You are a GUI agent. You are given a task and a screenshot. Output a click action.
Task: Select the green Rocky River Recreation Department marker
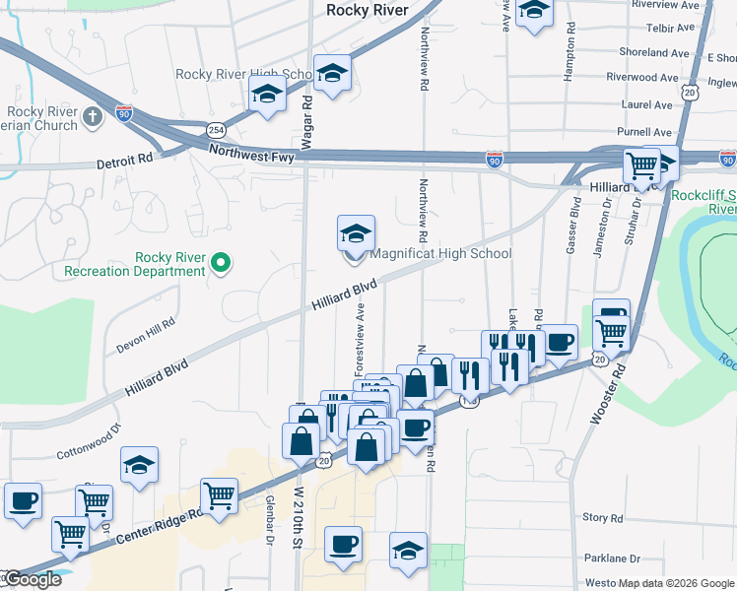coord(221,262)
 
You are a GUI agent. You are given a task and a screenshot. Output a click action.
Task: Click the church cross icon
coord(93,118)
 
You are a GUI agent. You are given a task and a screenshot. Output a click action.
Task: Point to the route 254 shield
coord(214,130)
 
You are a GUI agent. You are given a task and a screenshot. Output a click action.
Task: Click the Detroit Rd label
coord(125,160)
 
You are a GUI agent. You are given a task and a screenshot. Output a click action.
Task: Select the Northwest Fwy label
coord(250,151)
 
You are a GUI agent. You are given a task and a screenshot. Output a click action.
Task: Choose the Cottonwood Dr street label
coord(87,442)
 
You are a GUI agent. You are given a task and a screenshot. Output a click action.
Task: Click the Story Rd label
coord(603,517)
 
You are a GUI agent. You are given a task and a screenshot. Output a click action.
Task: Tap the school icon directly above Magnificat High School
coord(356,233)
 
